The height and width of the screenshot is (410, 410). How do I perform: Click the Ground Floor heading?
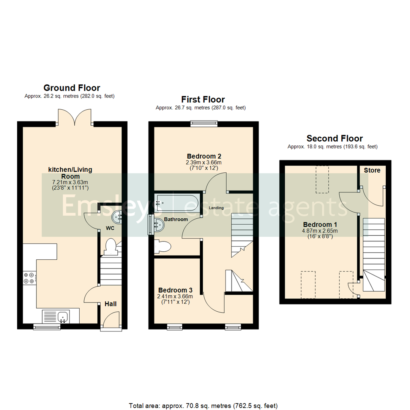(x=72, y=88)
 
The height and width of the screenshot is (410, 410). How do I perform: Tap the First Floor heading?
(x=203, y=99)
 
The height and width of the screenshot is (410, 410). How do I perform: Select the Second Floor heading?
(x=334, y=138)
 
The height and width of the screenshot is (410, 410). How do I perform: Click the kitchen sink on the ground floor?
(x=63, y=316)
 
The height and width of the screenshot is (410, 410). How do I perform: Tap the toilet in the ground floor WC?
(x=110, y=246)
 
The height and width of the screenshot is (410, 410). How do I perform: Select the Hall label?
(x=110, y=304)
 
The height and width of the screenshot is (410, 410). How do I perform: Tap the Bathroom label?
(x=176, y=219)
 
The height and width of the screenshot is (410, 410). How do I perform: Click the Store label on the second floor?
(x=372, y=170)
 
